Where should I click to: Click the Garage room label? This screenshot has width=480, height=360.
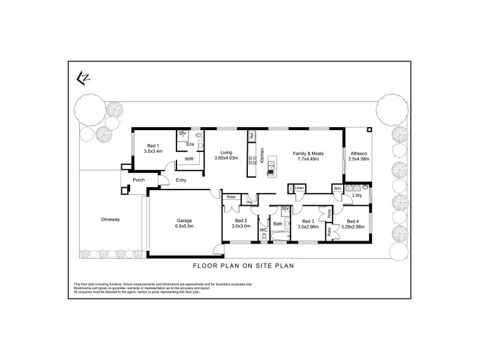click(184, 220)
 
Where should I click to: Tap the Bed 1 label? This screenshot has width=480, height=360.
click(153, 146)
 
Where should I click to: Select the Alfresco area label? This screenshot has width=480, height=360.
click(358, 153)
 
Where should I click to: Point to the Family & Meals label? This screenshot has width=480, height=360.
click(308, 154)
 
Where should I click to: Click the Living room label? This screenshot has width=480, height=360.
click(226, 152)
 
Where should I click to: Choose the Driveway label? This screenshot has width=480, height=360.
click(111, 220)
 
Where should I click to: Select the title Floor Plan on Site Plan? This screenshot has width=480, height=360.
click(242, 265)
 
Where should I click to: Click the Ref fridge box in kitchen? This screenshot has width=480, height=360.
click(252, 136)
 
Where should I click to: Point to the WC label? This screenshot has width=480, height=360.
click(263, 230)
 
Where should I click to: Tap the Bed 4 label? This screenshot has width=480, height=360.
click(353, 221)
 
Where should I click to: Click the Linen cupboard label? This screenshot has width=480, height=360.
click(299, 188)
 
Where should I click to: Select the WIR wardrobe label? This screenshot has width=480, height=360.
click(188, 159)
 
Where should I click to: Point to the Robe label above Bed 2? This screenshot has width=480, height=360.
click(230, 197)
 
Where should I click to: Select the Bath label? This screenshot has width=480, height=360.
click(278, 224)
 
